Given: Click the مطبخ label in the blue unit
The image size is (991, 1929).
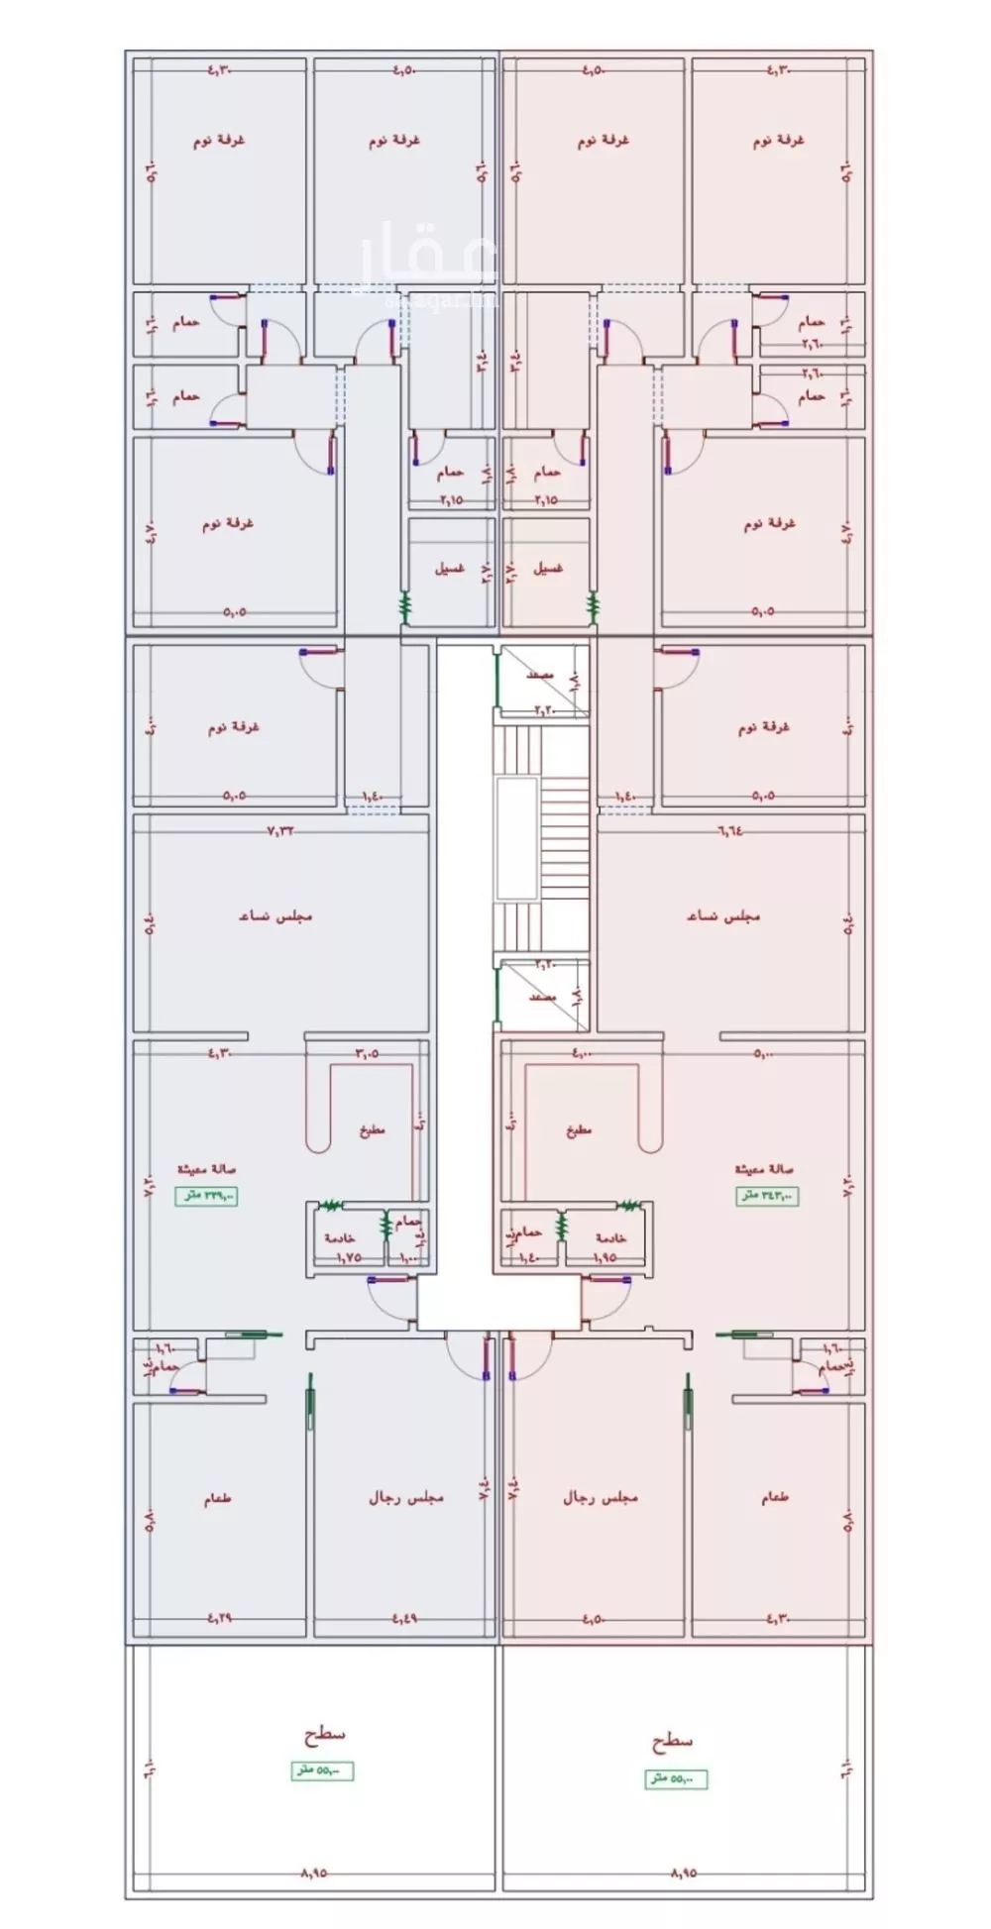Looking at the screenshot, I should point(371,1128).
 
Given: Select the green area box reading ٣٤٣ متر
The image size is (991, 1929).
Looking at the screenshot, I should point(766,1196).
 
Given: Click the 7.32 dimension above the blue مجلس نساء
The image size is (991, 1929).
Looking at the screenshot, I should point(281,831).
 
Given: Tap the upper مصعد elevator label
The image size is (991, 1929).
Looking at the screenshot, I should point(540,675).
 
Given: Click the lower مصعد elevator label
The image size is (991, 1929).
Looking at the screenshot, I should point(541,997).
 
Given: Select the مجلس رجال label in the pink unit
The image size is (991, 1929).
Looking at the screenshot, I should point(600,1497).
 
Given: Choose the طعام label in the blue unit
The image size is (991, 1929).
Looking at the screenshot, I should point(217,1500).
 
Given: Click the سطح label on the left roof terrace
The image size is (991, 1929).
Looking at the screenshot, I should point(324,1735).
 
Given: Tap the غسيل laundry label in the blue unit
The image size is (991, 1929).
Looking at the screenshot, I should point(450,570).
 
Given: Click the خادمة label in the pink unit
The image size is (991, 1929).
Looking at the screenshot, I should point(610,1238).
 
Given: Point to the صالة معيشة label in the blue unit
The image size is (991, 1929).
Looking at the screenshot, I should point(206,1169).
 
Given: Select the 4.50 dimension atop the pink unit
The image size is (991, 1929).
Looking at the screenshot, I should point(593,70).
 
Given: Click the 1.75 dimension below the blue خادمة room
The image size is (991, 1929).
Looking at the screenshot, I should point(348,1257).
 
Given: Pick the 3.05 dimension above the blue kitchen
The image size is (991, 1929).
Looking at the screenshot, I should point(367,1053).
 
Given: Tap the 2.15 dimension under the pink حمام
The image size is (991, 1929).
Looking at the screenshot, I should point(545,500).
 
